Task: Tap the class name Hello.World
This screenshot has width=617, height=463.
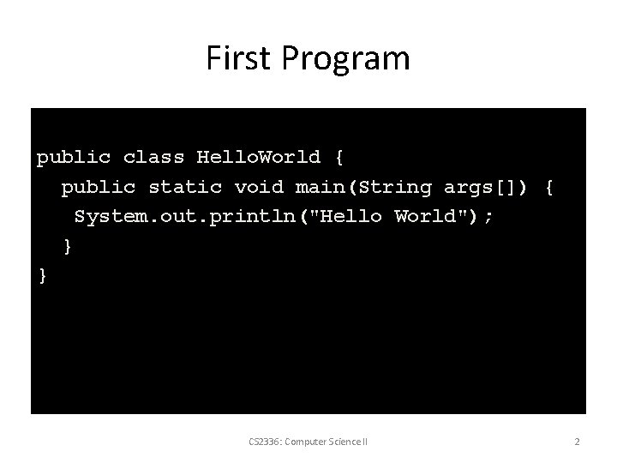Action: point(258,158)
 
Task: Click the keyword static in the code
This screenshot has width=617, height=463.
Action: point(186,187)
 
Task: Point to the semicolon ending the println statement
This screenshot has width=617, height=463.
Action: point(488,216)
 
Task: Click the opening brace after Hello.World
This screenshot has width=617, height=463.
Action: point(338,158)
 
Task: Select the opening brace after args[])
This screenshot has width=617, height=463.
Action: point(549,187)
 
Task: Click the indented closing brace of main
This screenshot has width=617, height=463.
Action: point(68,246)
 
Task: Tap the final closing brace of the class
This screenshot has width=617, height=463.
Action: point(43,275)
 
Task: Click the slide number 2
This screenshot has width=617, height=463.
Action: point(577,442)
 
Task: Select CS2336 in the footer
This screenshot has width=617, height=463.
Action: point(262,442)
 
